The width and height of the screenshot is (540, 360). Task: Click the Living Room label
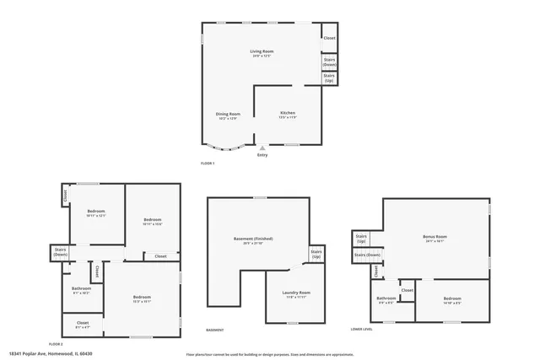click(x=262, y=53)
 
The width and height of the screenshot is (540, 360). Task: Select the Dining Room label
click(x=228, y=116)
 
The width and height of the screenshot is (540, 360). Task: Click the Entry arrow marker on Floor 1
click(x=262, y=148)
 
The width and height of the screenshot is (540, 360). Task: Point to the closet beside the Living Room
click(x=329, y=38)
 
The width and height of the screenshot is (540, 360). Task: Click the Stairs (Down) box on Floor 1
click(x=330, y=62)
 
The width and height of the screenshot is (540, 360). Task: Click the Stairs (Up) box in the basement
click(x=316, y=254)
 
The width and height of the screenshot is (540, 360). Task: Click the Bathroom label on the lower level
click(x=386, y=299)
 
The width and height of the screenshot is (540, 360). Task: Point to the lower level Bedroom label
click(x=452, y=299)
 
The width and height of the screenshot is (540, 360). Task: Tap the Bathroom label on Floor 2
click(x=81, y=291)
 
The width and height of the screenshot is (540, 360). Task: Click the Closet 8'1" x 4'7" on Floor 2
click(x=83, y=325)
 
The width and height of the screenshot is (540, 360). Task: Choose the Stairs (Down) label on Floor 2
click(x=61, y=251)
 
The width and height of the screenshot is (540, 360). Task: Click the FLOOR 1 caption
click(x=208, y=163)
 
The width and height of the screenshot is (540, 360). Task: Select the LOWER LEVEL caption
click(x=362, y=329)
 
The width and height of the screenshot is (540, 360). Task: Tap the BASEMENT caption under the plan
click(x=215, y=330)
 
